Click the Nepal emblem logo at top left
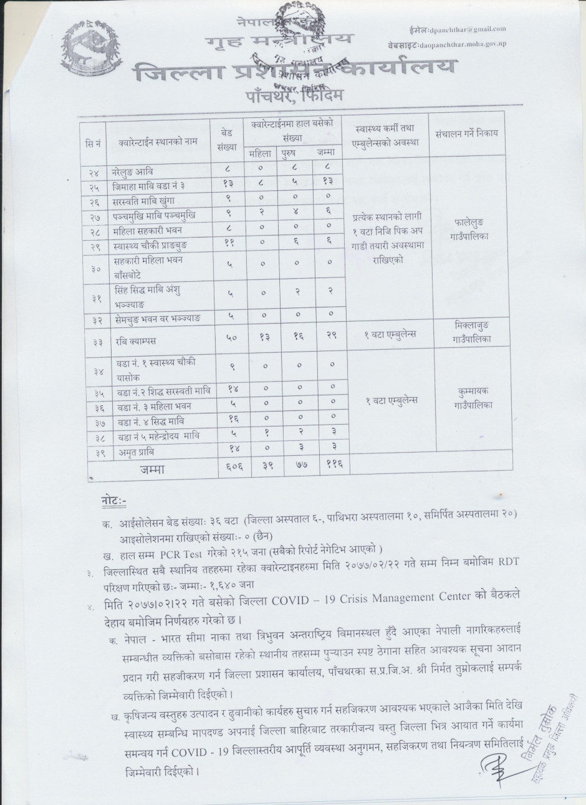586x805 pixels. coord(94,50)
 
